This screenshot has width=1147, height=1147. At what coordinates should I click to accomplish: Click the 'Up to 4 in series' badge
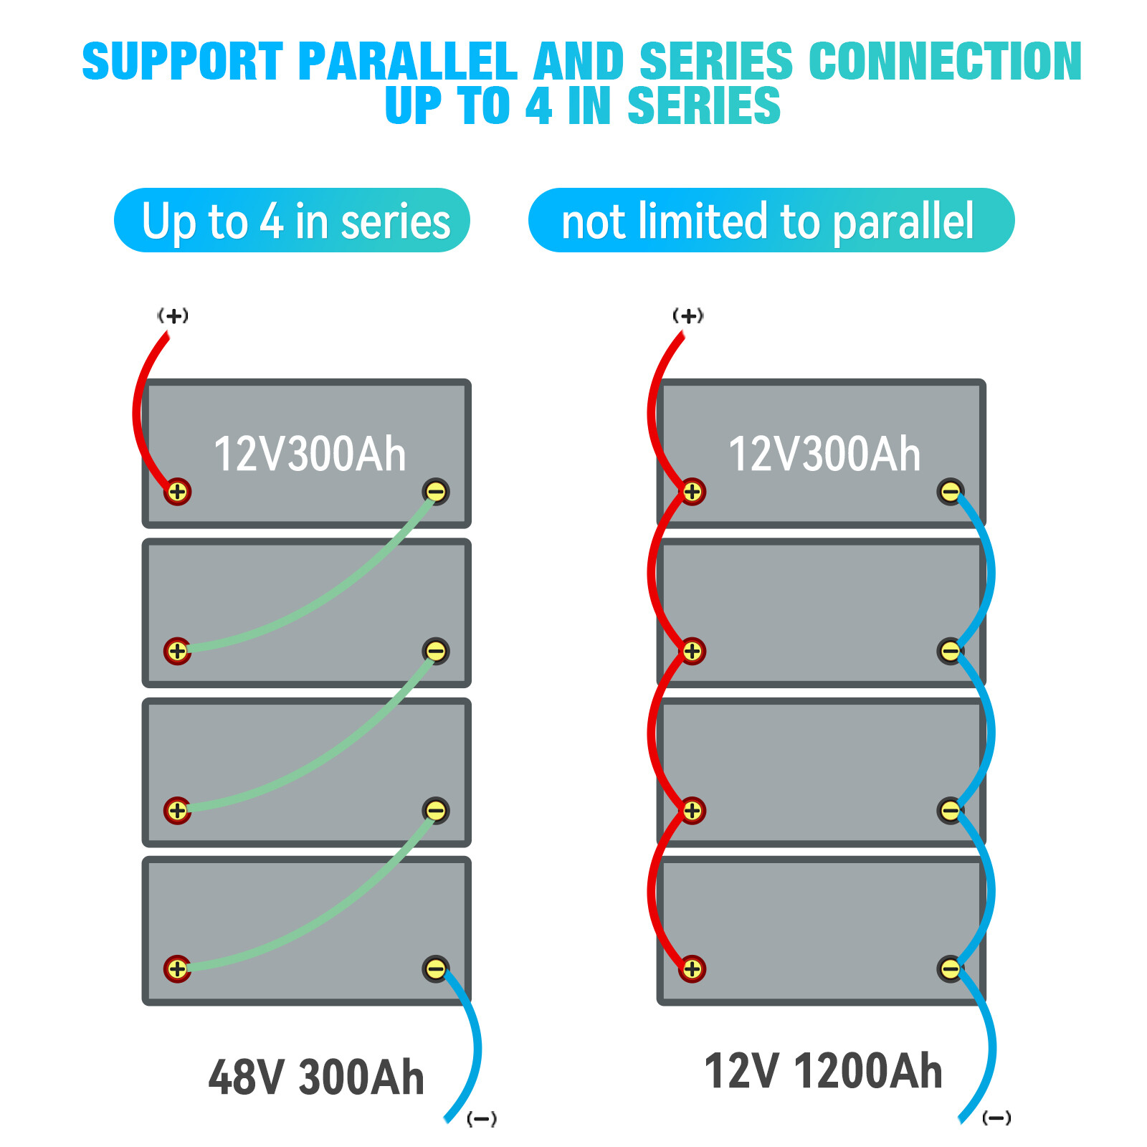point(292,220)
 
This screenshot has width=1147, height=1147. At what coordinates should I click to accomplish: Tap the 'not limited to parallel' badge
point(771,220)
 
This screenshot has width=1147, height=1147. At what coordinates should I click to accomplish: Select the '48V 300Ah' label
point(316,1077)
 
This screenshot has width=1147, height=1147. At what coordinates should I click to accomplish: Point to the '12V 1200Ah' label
point(823,1071)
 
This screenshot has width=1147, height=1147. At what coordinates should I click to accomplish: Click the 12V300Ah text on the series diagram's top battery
point(310,454)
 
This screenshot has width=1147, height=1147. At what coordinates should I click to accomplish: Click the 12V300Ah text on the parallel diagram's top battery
point(824,454)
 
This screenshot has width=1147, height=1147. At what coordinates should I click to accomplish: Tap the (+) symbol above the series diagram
point(173,315)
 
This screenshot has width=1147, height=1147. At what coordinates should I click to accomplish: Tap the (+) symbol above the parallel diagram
point(688,315)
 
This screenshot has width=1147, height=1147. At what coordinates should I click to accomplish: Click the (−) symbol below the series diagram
point(482,1118)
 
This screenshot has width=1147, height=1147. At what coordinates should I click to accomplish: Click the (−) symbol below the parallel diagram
point(996,1118)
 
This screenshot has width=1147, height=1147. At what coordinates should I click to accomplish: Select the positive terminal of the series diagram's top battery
point(177,492)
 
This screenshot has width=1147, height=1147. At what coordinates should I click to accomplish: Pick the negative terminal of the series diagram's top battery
point(436,491)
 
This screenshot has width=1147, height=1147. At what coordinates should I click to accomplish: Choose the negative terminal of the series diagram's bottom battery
point(436,969)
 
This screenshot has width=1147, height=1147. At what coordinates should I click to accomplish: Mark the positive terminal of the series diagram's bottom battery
point(177,968)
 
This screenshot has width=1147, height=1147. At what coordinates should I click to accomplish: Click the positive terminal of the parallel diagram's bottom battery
point(692,968)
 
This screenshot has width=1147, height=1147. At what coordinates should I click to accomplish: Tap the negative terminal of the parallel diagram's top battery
point(951,491)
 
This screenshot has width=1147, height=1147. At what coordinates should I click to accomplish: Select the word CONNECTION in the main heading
point(946,61)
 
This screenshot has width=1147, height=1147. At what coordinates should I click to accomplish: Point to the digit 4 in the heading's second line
point(539,105)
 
